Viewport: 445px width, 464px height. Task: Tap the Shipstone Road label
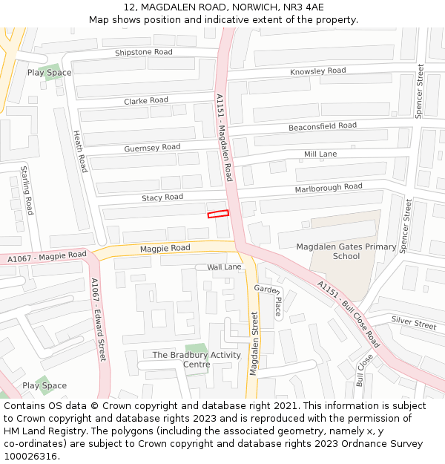click(x=143, y=52)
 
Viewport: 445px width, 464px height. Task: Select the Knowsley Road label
click(x=317, y=71)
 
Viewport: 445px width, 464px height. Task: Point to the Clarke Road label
click(x=146, y=100)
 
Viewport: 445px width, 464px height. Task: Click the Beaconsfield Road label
click(x=322, y=126)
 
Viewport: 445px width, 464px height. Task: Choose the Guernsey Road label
click(x=152, y=148)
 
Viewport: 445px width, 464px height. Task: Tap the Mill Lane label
click(x=320, y=154)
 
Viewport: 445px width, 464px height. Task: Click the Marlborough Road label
click(x=328, y=187)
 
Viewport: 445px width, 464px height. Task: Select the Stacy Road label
click(x=162, y=197)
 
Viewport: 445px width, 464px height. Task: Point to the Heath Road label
click(x=80, y=151)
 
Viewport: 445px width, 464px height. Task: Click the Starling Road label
click(x=27, y=190)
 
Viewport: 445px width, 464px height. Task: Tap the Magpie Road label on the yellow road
click(x=165, y=248)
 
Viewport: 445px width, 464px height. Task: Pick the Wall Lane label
click(x=224, y=267)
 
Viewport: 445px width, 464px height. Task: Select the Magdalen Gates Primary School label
click(x=346, y=252)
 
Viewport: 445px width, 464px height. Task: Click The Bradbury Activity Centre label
click(x=197, y=359)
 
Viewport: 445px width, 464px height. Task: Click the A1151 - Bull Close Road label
click(x=348, y=314)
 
